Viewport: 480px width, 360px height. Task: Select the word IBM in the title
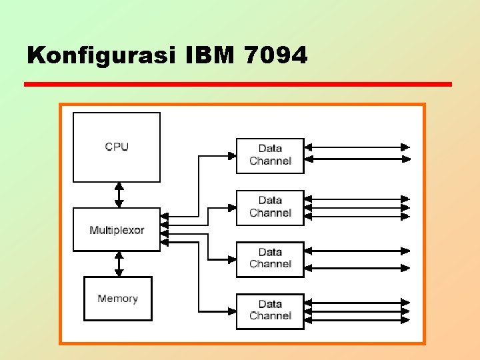point(207,56)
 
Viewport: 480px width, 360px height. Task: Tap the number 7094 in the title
point(275,56)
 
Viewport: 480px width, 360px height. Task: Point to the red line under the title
point(237,85)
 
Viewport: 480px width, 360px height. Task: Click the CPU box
point(117,147)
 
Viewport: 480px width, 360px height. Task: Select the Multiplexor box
point(117,230)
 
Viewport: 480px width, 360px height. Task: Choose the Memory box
point(117,299)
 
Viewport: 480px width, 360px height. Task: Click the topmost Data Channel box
point(270,155)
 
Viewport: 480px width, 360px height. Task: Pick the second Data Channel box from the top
point(270,207)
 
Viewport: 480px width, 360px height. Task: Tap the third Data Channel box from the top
point(270,258)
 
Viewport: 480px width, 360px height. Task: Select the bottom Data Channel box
point(270,310)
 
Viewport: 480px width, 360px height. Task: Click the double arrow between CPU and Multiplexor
point(119,195)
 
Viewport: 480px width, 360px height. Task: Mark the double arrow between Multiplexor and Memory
point(119,263)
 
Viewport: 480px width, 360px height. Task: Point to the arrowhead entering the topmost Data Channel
point(232,155)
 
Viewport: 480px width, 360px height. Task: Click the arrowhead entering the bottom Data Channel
point(232,311)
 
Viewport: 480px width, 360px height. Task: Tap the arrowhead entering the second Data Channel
point(232,207)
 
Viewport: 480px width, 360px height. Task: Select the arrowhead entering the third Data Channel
point(232,259)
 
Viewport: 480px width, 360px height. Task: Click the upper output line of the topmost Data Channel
point(357,147)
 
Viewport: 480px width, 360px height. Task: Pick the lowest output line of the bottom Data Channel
point(357,320)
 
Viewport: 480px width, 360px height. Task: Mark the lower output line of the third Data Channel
point(357,267)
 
